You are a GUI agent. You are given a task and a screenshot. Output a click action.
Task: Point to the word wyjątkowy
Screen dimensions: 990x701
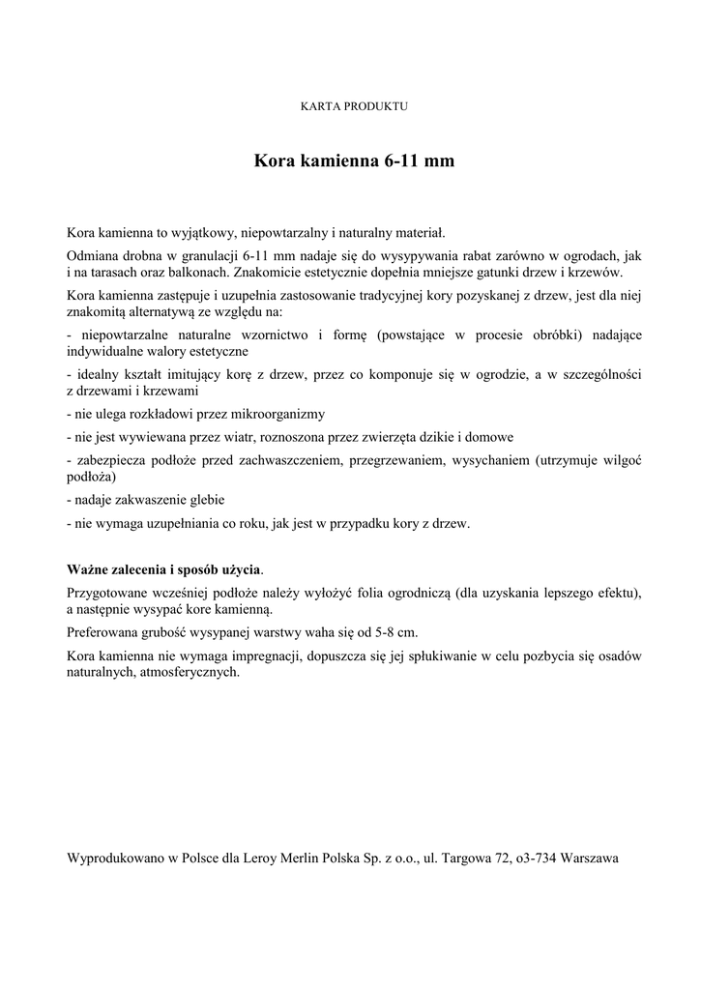point(207,233)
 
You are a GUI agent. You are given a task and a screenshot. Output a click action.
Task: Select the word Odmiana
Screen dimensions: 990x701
point(94,254)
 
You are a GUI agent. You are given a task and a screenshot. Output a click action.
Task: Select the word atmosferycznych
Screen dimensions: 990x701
point(190,674)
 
